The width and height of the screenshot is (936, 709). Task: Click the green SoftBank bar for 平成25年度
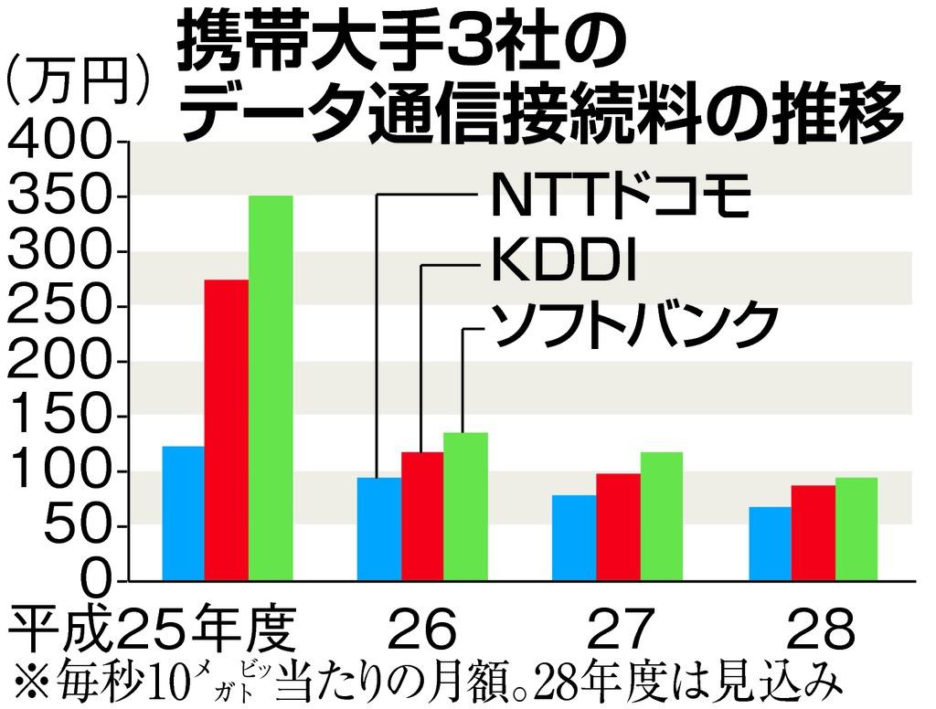pyautogui.click(x=271, y=388)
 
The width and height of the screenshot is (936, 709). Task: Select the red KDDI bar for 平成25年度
pyautogui.click(x=227, y=429)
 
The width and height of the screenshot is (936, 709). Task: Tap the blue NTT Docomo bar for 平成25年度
pyautogui.click(x=183, y=513)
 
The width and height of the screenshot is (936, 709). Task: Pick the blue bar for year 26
pyautogui.click(x=378, y=528)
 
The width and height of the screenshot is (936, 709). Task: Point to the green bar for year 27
pyautogui.click(x=662, y=516)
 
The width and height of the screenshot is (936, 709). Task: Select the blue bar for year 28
pyautogui.click(x=770, y=544)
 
